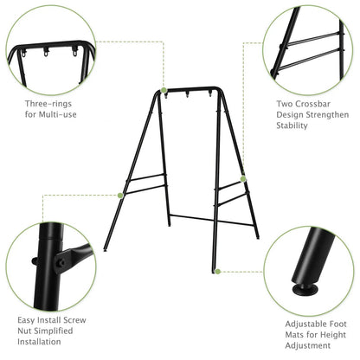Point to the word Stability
pyautogui.click(x=292, y=126)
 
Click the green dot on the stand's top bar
pyautogui.click(x=164, y=90)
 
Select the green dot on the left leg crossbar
pyautogui.click(x=121, y=195)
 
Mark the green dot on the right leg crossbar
pyautogui.click(x=243, y=179)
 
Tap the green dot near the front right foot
pyautogui.click(x=217, y=271)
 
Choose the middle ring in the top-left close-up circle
pyautogui.click(x=59, y=53)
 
